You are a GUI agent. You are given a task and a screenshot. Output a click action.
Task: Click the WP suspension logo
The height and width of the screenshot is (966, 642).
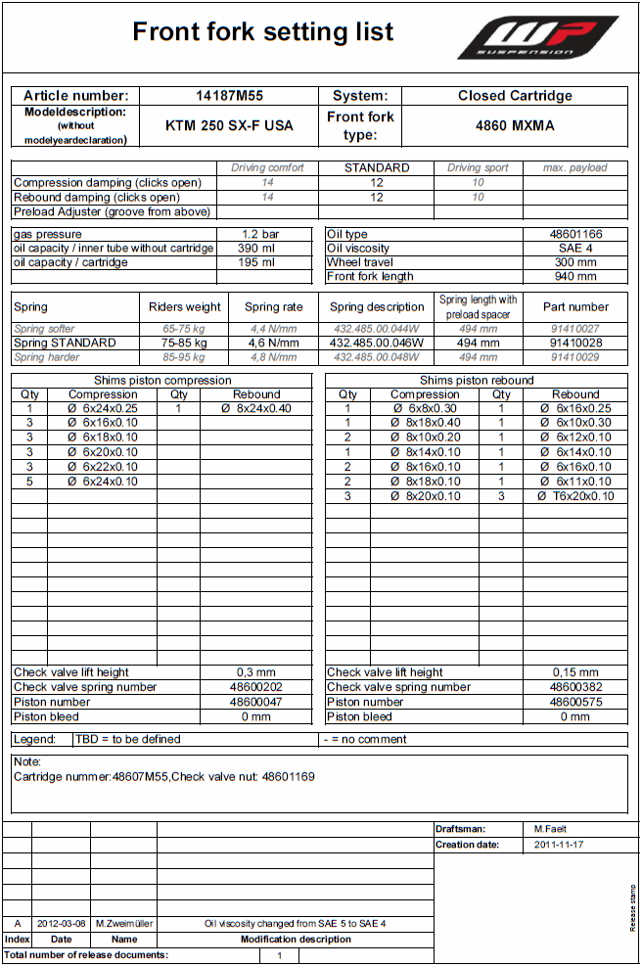coord(537,37)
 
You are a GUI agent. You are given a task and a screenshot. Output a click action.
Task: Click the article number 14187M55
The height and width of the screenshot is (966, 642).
coord(229,96)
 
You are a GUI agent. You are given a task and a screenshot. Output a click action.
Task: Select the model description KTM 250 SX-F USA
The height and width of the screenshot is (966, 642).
coord(229,126)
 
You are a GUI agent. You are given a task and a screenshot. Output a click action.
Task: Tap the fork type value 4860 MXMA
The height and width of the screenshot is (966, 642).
coord(515,126)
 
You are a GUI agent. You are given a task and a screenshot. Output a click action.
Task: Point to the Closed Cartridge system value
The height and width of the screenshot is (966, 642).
coord(515,96)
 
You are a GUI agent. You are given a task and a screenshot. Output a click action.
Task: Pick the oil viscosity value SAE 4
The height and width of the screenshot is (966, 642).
coord(575,249)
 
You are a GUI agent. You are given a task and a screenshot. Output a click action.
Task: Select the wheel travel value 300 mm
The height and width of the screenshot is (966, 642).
coord(575,262)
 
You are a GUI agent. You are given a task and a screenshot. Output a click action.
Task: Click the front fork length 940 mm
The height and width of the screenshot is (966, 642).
coord(575,277)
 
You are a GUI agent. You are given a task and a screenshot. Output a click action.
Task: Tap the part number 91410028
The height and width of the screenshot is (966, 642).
coord(575,344)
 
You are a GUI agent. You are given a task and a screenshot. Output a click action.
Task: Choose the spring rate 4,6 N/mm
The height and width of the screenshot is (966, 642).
coord(273,344)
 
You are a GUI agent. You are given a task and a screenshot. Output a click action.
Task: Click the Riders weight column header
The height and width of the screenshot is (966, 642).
coord(185,307)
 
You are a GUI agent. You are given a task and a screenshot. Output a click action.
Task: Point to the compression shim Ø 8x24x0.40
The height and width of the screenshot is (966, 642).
coord(256,409)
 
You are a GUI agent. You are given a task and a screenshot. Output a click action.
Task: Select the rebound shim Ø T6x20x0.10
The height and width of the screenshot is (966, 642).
coord(575,496)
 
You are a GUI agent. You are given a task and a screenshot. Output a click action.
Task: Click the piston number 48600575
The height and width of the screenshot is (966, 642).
coord(575,702)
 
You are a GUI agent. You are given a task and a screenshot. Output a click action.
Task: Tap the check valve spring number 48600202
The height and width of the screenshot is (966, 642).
coord(256,687)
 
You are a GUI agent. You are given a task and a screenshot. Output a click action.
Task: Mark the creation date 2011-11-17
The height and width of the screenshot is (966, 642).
coord(559,844)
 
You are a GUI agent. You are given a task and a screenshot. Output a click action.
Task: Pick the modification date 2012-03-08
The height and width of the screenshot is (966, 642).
coord(61,923)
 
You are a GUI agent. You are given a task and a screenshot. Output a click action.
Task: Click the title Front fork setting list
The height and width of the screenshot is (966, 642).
coord(263,32)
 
